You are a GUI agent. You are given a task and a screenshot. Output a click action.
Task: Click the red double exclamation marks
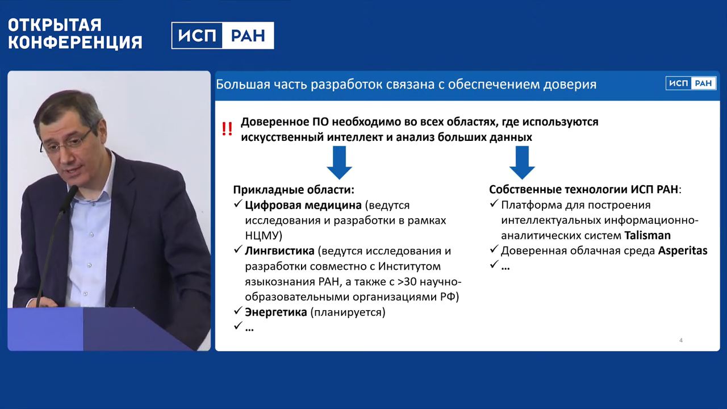point(227,129)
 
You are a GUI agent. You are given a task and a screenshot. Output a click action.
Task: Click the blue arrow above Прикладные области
point(340,162)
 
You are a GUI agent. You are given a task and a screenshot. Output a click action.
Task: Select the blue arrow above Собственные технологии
point(522,162)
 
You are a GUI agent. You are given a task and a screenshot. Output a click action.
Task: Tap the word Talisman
point(647,235)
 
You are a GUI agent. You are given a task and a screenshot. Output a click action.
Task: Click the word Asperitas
point(683,251)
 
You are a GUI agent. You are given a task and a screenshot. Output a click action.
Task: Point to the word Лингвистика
point(280,251)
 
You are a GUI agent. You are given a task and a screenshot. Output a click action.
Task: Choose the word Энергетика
point(276,312)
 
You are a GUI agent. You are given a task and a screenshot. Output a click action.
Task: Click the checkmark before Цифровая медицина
point(238,203)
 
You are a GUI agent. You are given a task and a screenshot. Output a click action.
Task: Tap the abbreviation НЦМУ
point(262,236)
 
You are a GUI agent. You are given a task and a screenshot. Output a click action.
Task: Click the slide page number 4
point(681,340)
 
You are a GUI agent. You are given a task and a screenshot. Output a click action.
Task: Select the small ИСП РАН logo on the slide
point(691,84)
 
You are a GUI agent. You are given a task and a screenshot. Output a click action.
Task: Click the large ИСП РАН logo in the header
point(223,35)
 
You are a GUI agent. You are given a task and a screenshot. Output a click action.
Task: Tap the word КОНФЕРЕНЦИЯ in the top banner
point(76,42)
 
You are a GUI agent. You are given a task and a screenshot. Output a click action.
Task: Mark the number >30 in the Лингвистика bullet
point(407,281)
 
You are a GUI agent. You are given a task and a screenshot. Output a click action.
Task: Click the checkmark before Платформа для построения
point(494,203)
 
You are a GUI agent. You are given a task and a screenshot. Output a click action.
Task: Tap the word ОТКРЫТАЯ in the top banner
point(55,25)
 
